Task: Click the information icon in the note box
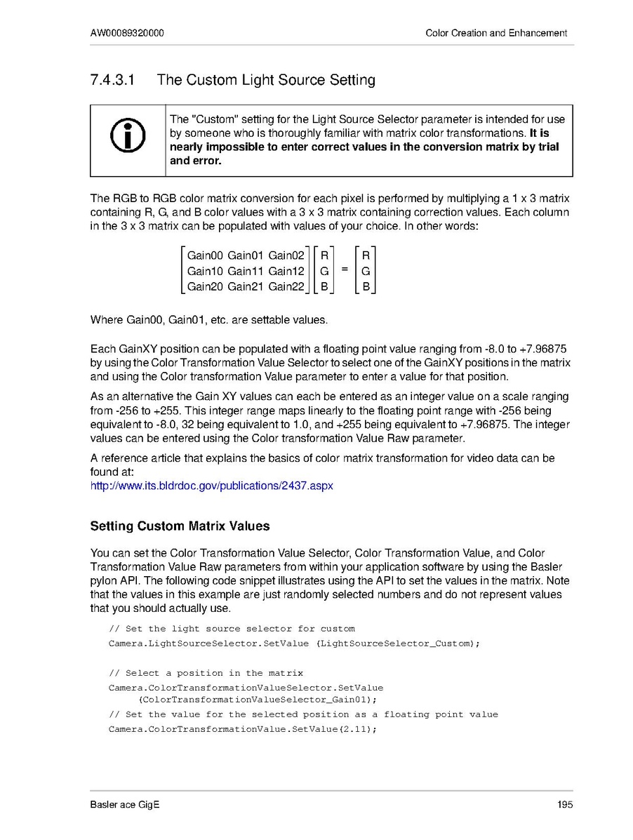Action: [128, 136]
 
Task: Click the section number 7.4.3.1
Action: [114, 80]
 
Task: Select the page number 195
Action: [565, 804]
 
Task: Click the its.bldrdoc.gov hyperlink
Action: [212, 485]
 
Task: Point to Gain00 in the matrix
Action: [205, 255]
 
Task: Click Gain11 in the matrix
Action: [246, 271]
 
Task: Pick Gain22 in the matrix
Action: [286, 286]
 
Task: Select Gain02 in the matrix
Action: [286, 255]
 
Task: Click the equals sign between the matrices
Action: [345, 270]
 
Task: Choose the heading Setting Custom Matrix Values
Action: [180, 526]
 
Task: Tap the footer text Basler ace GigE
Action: [124, 804]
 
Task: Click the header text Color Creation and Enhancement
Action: [496, 33]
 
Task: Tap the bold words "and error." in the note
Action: [196, 161]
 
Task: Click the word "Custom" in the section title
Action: [211, 80]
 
